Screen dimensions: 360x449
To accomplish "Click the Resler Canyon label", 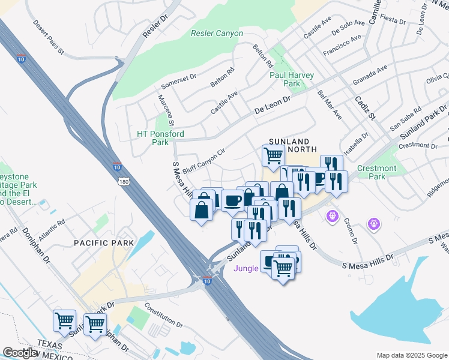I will point(217,34).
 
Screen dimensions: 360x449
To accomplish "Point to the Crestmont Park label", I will point(376,173).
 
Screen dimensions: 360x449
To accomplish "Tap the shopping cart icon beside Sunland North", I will point(273,155).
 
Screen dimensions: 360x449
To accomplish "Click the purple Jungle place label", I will point(246,268).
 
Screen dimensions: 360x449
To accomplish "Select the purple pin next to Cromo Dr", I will point(331,215).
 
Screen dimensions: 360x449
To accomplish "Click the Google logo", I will point(19,353).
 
